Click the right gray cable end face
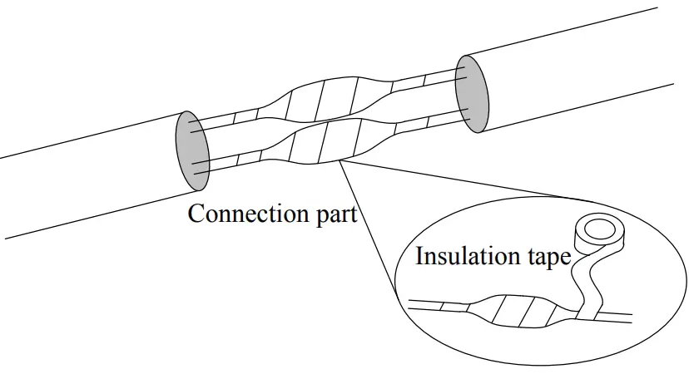pyautogui.click(x=472, y=93)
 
